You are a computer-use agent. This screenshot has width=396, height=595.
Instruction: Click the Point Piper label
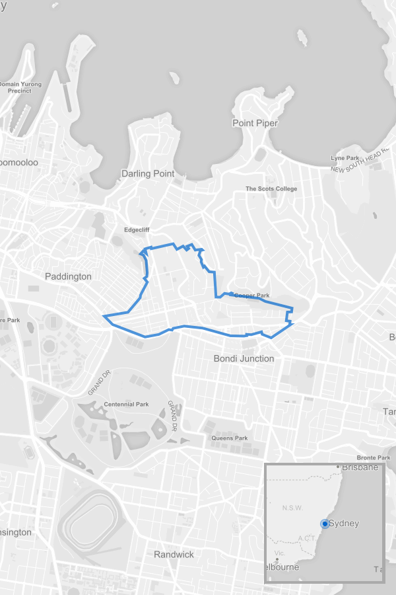(x=255, y=123)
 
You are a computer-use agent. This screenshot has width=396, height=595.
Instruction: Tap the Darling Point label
(x=148, y=173)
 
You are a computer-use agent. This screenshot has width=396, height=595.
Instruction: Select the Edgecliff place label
(x=137, y=230)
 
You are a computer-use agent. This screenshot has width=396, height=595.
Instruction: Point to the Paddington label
(x=68, y=276)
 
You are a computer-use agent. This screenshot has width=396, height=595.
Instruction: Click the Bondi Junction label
(x=244, y=358)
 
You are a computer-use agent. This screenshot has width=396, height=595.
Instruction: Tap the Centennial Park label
(x=127, y=404)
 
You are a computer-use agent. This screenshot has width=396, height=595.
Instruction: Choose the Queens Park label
(x=230, y=438)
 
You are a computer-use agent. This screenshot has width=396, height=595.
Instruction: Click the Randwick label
(x=174, y=554)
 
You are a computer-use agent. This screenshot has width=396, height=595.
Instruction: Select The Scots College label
(x=271, y=188)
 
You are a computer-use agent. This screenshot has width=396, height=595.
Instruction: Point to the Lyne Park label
(x=345, y=158)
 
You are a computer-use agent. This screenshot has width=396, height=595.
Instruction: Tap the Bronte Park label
(x=374, y=457)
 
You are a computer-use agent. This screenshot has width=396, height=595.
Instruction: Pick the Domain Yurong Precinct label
(x=20, y=87)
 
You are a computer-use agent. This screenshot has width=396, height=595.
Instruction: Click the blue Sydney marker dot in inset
(x=325, y=524)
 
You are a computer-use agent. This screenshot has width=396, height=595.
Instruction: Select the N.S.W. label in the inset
(x=292, y=508)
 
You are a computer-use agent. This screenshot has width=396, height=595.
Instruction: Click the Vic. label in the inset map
(x=279, y=552)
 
